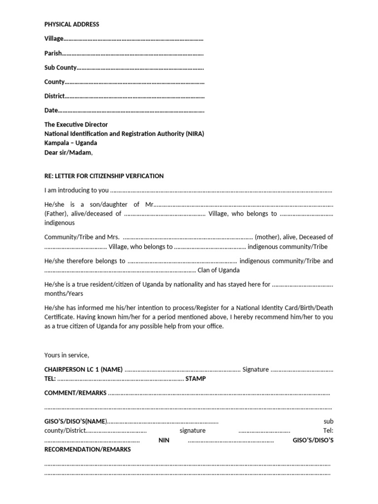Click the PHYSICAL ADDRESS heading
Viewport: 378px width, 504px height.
[x=72, y=24]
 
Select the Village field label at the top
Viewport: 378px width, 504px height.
[x=54, y=38]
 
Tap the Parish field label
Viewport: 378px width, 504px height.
[x=53, y=53]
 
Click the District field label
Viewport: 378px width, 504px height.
[x=54, y=96]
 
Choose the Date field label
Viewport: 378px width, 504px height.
[x=51, y=110]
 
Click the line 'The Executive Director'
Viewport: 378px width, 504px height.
[x=76, y=125]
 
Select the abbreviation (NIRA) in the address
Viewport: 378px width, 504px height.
[x=195, y=134]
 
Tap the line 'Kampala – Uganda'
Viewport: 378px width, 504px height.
[x=71, y=143]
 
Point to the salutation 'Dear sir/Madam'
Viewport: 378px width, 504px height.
[x=68, y=153]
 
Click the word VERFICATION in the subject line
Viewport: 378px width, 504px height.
[x=145, y=176]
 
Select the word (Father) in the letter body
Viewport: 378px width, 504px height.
[x=57, y=214]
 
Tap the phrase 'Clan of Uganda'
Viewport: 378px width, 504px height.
[x=219, y=270]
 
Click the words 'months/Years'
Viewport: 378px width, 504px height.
[x=63, y=293]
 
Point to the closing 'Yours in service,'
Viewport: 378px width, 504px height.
[x=66, y=355]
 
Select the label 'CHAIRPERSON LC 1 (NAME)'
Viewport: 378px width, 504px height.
[x=83, y=369]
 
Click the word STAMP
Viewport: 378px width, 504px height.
[x=196, y=378]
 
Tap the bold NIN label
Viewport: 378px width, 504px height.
[x=164, y=440]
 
